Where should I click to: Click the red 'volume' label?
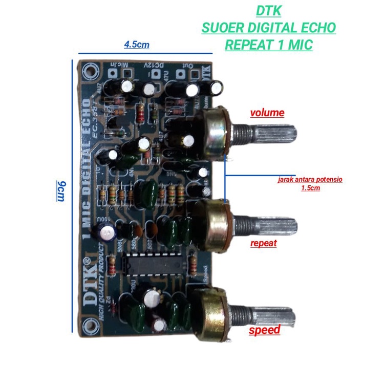tap(267, 113)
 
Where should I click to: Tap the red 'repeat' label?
tap(263, 243)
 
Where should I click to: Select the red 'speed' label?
tap(264, 330)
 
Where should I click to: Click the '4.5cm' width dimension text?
tap(137, 45)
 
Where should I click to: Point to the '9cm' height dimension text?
tap(60, 191)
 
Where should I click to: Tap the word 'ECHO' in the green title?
tap(316, 28)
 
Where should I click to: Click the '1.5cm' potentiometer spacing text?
tap(310, 188)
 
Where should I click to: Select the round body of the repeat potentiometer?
tap(212, 224)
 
